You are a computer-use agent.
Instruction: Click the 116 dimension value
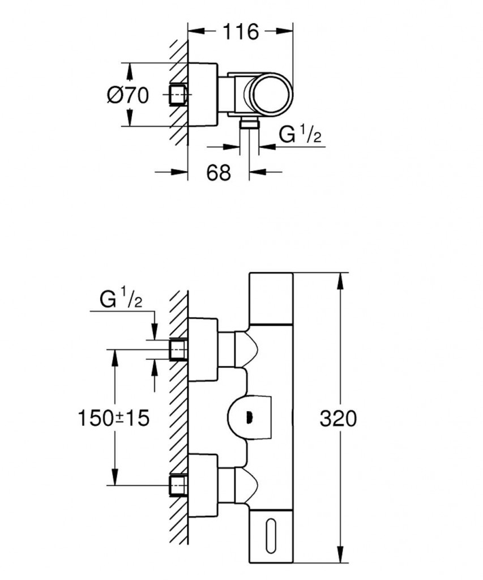pyautogui.click(x=240, y=32)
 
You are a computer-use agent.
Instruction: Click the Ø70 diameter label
pyautogui.click(x=127, y=95)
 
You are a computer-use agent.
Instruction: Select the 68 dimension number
pyautogui.click(x=219, y=172)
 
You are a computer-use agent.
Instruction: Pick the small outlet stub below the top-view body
pyautogui.click(x=248, y=124)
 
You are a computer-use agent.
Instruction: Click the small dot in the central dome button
pyautogui.click(x=247, y=419)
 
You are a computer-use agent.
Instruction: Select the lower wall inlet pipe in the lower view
pyautogui.click(x=178, y=484)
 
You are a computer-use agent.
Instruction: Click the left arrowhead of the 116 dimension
pyautogui.click(x=193, y=32)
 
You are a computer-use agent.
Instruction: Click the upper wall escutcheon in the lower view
pyautogui.click(x=203, y=349)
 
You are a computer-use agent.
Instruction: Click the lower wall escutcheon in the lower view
pyautogui.click(x=203, y=484)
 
